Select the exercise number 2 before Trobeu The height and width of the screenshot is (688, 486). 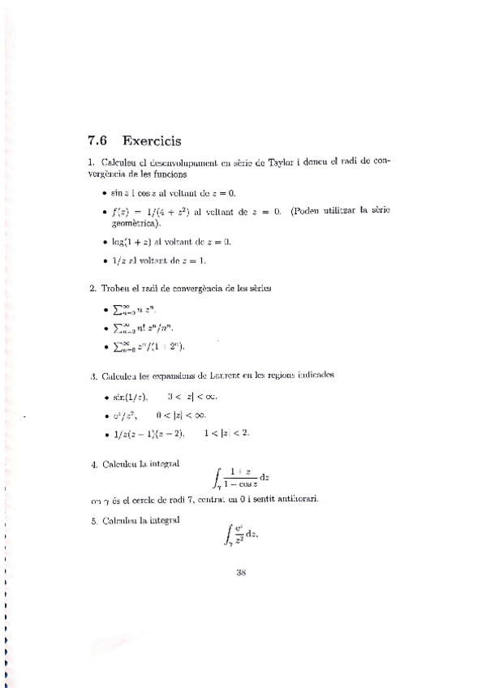click(92, 288)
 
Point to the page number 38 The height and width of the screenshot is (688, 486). click(240, 571)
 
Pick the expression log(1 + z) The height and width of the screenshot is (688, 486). click(136, 242)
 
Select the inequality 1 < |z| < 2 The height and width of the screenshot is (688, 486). click(228, 432)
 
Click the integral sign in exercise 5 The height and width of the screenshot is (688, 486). click(226, 536)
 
